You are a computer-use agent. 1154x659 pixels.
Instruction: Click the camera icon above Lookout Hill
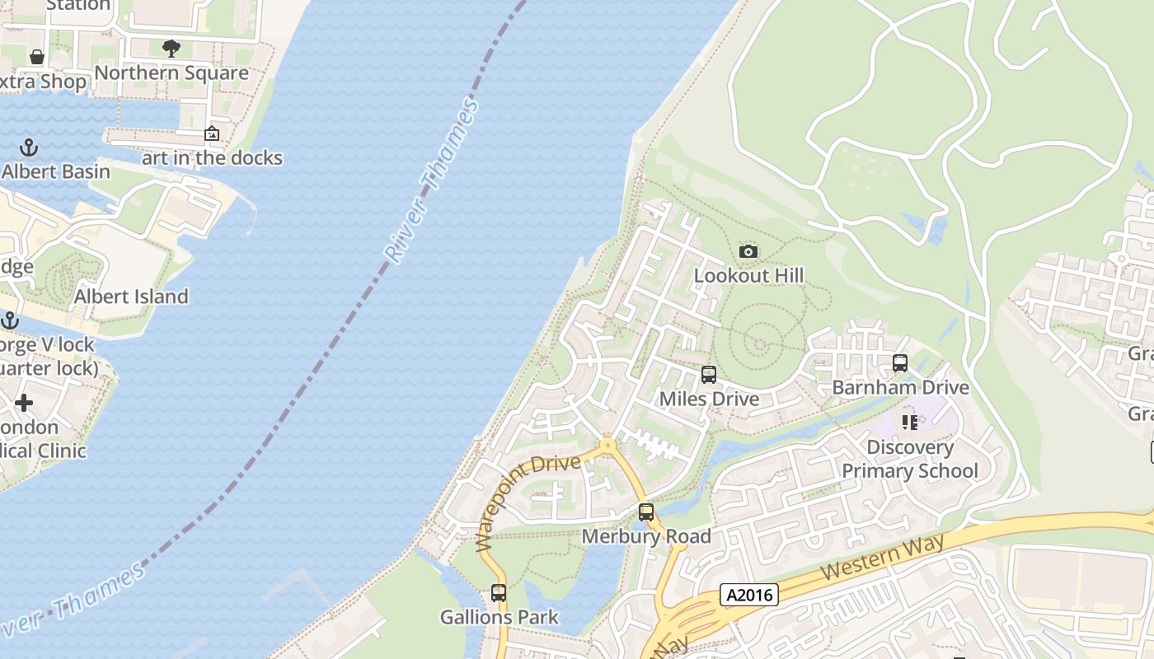point(748,252)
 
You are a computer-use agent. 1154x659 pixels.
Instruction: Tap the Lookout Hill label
point(748,275)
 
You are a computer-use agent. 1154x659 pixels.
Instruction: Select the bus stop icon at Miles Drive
point(708,375)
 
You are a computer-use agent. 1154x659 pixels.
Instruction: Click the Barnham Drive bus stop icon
point(900,363)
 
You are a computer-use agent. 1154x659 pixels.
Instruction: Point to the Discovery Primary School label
point(910,459)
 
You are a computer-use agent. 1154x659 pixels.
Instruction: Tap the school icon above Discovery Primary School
point(910,423)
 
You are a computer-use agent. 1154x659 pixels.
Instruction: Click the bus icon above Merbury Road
point(646,512)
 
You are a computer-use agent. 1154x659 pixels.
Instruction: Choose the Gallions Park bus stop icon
point(499,593)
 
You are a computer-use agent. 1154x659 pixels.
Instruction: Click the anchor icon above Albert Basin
point(29,148)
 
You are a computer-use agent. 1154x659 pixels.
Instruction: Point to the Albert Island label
point(131,297)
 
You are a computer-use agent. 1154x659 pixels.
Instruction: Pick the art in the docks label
point(212,158)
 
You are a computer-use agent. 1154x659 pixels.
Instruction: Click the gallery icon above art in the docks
point(212,133)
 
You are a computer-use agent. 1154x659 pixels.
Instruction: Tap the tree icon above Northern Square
point(171,49)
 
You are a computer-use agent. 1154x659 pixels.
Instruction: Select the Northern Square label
point(171,72)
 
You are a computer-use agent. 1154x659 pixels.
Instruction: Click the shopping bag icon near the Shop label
point(37,57)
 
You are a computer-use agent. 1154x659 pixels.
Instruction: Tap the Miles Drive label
point(709,399)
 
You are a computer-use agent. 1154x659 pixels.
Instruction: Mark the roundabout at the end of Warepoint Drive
point(608,446)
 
